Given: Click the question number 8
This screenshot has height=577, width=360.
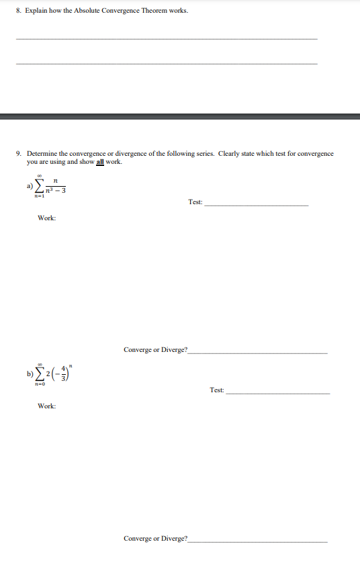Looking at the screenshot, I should pyautogui.click(x=19, y=11).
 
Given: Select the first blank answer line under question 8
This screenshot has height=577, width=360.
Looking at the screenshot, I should pyautogui.click(x=166, y=39).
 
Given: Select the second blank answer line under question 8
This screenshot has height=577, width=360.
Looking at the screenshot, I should pyautogui.click(x=166, y=64).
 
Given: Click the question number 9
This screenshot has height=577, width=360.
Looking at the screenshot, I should pyautogui.click(x=19, y=154).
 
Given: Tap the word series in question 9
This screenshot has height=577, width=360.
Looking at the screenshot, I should pyautogui.click(x=192, y=154).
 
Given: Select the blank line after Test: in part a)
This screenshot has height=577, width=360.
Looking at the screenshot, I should pyautogui.click(x=256, y=204).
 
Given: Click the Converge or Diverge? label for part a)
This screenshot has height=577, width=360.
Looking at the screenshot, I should pyautogui.click(x=156, y=350).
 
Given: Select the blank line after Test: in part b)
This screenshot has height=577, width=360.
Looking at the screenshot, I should pyautogui.click(x=278, y=392).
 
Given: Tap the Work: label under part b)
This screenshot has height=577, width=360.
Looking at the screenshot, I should pyautogui.click(x=47, y=406).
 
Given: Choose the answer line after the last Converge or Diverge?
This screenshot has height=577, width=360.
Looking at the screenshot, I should pyautogui.click(x=259, y=541).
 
